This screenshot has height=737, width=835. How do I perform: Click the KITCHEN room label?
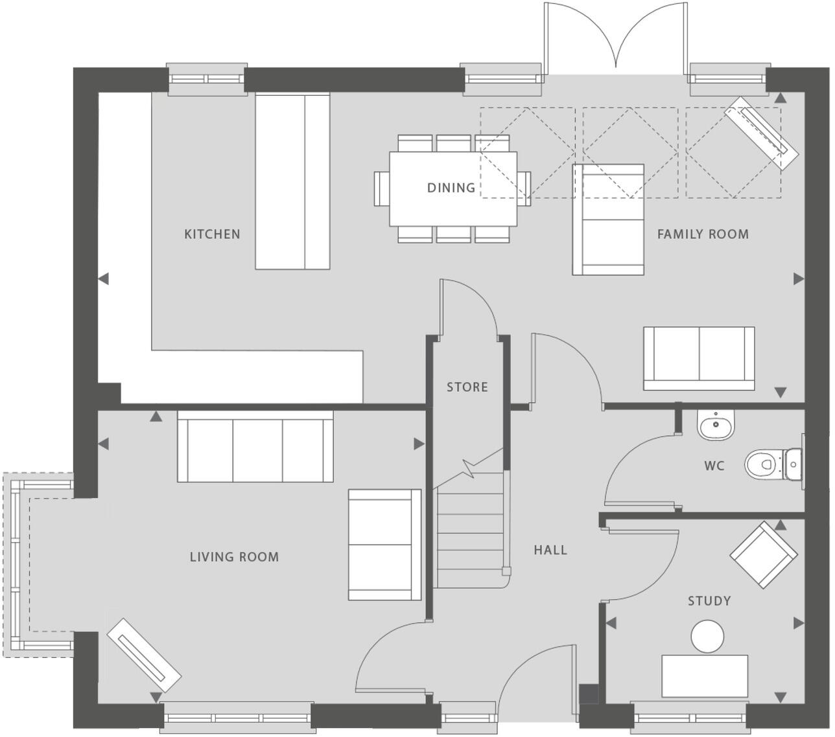(212, 234)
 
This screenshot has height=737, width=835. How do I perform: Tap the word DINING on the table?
(451, 188)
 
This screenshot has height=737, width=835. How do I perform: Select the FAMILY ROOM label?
(703, 234)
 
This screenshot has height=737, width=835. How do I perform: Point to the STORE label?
(467, 387)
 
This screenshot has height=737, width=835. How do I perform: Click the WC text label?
(714, 466)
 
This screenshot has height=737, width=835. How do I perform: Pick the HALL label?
(550, 550)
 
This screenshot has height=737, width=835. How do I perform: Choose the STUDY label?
(709, 601)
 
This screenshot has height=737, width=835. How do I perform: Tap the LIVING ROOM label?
(234, 557)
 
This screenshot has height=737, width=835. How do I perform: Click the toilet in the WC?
(771, 464)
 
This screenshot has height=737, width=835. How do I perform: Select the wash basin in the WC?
(716, 425)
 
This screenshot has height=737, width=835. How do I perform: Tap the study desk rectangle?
(704, 675)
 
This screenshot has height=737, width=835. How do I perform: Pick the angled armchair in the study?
(763, 556)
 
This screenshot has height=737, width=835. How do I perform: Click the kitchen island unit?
(292, 181)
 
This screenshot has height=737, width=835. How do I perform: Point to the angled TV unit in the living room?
(143, 655)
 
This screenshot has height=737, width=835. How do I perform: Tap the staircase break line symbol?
(468, 468)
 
